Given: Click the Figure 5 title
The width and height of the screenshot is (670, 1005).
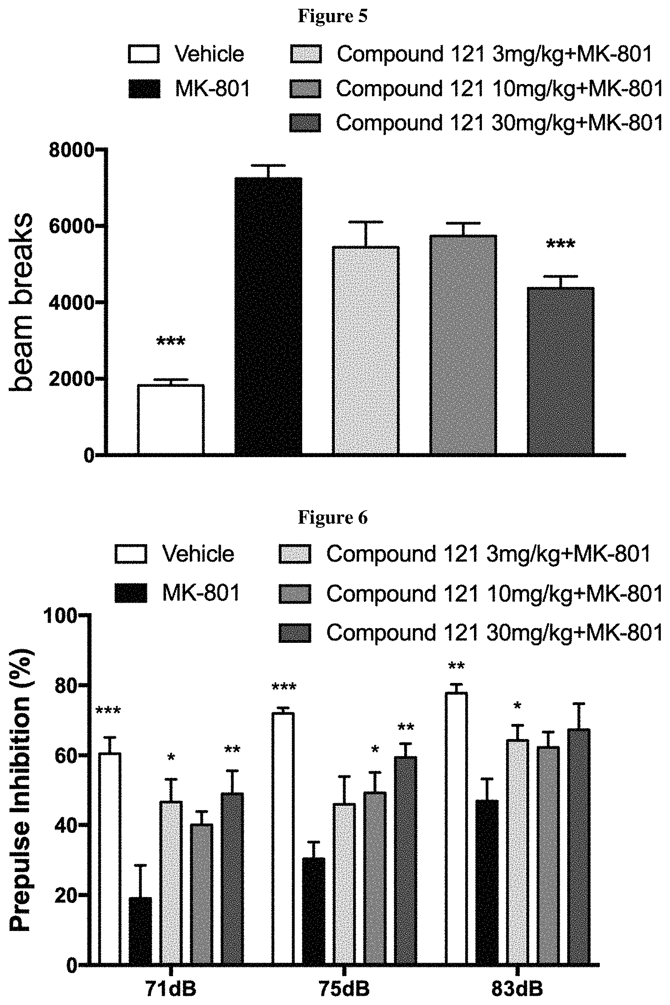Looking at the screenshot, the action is click(x=332, y=16).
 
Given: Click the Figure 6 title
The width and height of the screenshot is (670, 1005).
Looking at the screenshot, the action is click(x=332, y=517).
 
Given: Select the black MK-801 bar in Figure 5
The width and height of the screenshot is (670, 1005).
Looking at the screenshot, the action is click(x=269, y=315).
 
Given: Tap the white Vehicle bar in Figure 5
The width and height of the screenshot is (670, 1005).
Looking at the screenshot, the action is click(x=171, y=419).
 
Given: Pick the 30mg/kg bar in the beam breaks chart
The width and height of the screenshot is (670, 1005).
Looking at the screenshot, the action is click(x=560, y=371).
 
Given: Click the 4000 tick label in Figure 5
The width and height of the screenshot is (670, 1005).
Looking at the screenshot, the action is click(x=71, y=303).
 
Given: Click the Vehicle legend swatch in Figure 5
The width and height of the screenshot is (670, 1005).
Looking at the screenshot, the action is click(x=144, y=54).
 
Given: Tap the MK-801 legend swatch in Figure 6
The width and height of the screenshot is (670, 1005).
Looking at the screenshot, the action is click(x=131, y=593).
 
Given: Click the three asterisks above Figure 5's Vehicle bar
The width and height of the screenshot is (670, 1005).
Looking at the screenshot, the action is click(x=171, y=342).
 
